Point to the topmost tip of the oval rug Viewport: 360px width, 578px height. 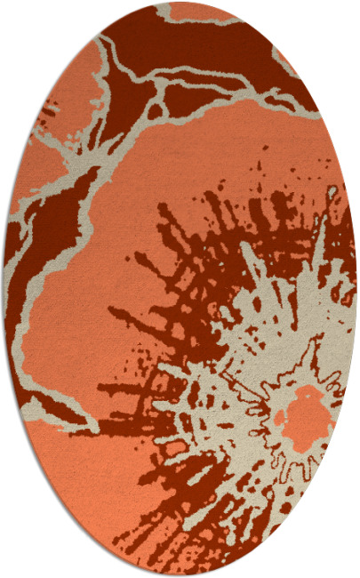(180, 3)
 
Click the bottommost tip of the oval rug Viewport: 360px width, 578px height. (180, 575)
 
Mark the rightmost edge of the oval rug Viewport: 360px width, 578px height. (356, 289)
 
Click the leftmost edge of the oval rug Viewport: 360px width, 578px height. (4, 289)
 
